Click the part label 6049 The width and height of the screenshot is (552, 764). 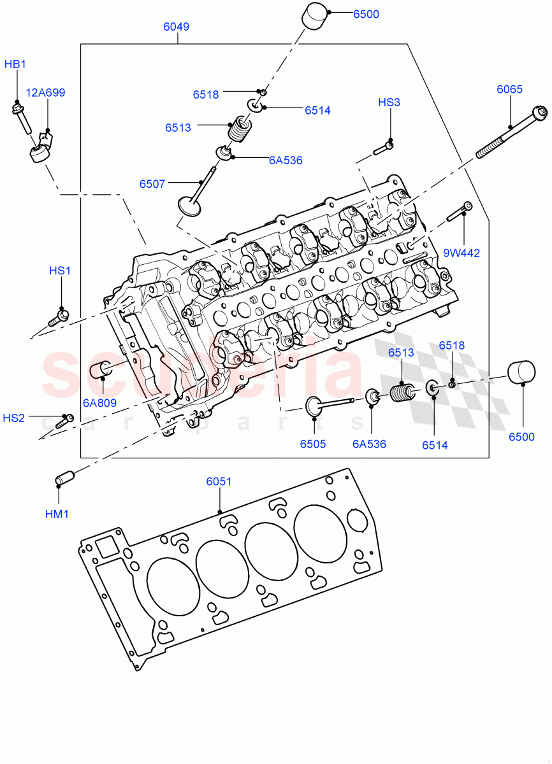click(176, 27)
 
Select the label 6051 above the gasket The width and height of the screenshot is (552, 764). click(219, 482)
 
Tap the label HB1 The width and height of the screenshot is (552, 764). click(15, 64)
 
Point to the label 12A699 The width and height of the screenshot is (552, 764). click(45, 92)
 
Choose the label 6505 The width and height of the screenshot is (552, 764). click(313, 444)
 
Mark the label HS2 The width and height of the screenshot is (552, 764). click(14, 418)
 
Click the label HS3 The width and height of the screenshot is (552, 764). click(389, 102)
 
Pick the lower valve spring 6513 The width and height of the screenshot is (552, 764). click(401, 392)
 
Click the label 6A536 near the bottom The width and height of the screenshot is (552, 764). click(369, 444)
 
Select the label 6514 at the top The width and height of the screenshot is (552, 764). click(317, 110)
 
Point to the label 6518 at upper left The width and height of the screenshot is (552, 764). click(206, 94)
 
